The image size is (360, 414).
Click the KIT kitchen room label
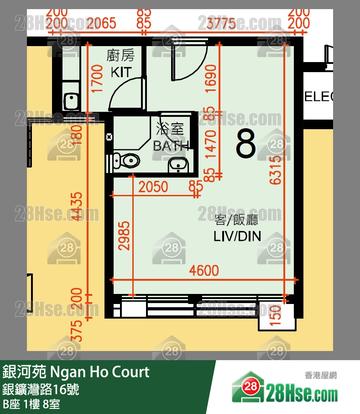(121, 72)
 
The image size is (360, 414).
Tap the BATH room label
(171, 146)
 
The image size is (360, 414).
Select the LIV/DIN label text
(237, 236)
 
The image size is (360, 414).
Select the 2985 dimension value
(124, 236)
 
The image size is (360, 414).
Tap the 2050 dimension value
(153, 187)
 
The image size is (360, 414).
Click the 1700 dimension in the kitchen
(96, 79)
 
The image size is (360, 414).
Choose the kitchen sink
(71, 100)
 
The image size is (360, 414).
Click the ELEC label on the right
(318, 96)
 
